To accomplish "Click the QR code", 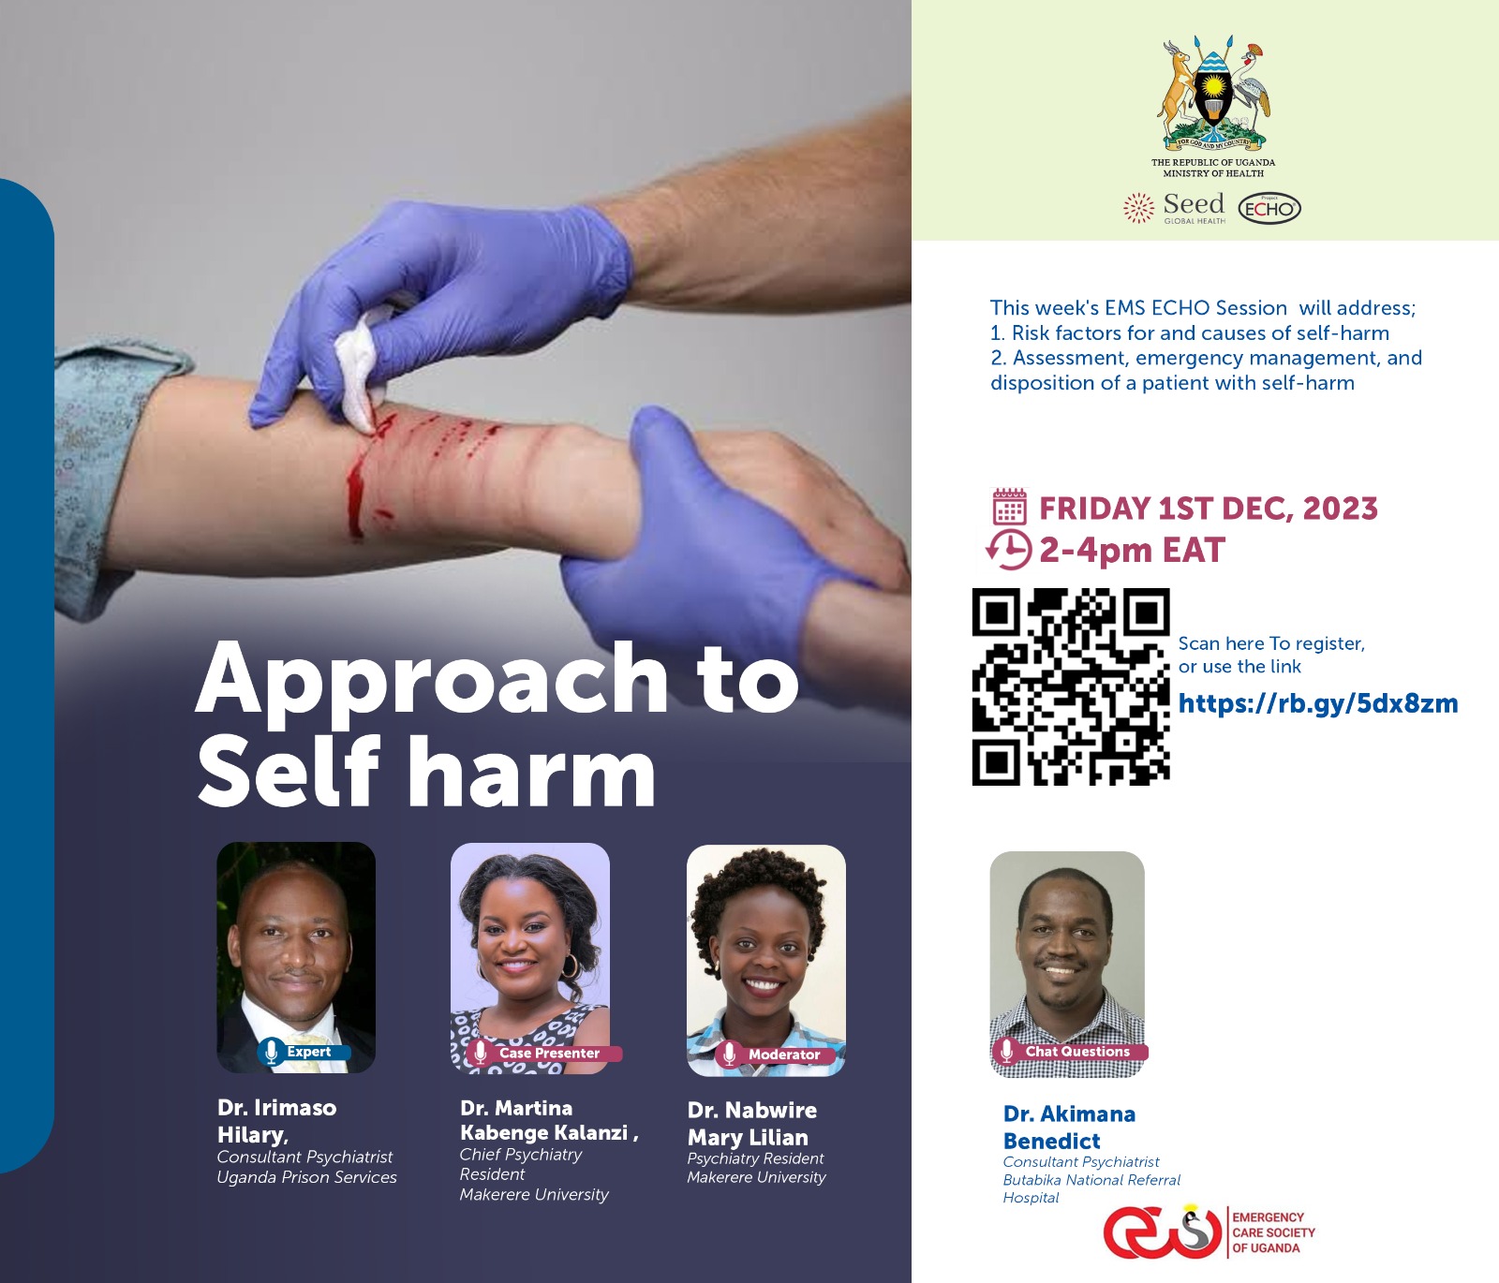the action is pyautogui.click(x=1071, y=686).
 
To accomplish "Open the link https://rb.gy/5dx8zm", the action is pyautogui.click(x=1318, y=704).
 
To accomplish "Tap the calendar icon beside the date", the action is pyautogui.click(x=1009, y=507).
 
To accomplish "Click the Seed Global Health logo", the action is pyautogui.click(x=1174, y=208).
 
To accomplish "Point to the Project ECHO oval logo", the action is pyautogui.click(x=1269, y=208).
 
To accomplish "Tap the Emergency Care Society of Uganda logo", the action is pyautogui.click(x=1210, y=1231).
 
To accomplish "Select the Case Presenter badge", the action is pyautogui.click(x=542, y=1053).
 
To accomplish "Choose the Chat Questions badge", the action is pyautogui.click(x=1069, y=1051).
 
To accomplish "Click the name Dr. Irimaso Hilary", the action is pyautogui.click(x=276, y=1121).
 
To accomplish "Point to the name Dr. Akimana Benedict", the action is pyautogui.click(x=1069, y=1128).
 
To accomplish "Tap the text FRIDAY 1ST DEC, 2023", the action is pyautogui.click(x=1209, y=508).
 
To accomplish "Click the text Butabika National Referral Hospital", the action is pyautogui.click(x=1091, y=1188).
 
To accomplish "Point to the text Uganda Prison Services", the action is pyautogui.click(x=306, y=1177).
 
